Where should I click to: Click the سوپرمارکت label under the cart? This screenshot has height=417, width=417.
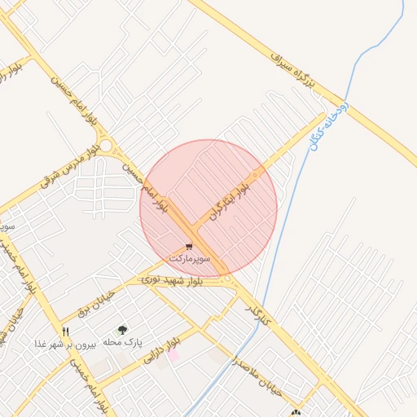tap(190, 257)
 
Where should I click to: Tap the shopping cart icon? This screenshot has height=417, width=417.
tap(190, 246)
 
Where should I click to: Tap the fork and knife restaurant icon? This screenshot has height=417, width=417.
tap(66, 331)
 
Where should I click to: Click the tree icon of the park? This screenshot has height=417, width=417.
tap(122, 330)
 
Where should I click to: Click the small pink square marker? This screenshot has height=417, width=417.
tap(173, 355)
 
